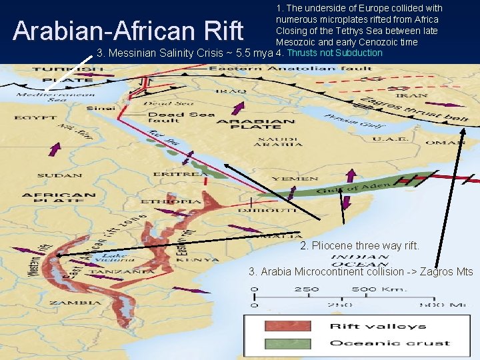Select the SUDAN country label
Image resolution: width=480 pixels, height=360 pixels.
click(59, 176)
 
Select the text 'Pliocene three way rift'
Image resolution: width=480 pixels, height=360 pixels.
click(359, 245)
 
